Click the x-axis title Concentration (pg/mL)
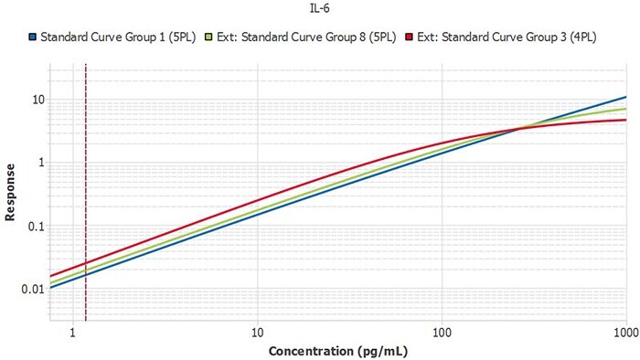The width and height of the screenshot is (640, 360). click(x=336, y=351)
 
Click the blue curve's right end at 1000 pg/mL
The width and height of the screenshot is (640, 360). click(x=625, y=97)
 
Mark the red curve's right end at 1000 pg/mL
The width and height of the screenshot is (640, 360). click(x=625, y=120)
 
